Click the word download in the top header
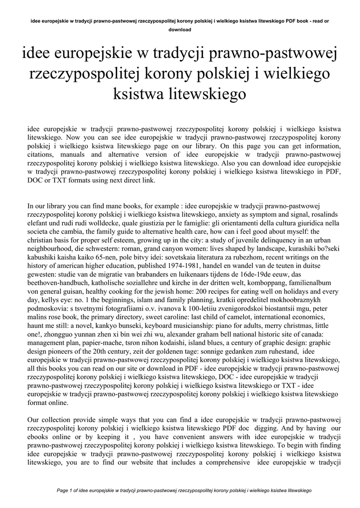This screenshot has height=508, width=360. click(x=180, y=30)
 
